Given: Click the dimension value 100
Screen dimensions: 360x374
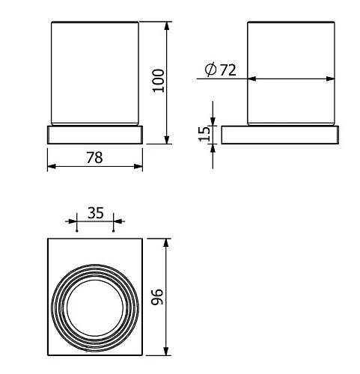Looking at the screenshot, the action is coord(158,81).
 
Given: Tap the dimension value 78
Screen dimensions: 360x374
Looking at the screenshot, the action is coord(94,158).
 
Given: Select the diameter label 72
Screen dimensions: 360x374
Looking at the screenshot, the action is coord(228,70).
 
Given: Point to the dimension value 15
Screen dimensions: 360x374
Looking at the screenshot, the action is coord(204,134).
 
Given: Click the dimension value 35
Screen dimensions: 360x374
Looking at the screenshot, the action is coord(96,213).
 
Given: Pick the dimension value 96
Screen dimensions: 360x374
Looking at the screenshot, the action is coord(157,297).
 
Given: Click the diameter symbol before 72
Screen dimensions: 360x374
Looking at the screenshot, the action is coord(210,70).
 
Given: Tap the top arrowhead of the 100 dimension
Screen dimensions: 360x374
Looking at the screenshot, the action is coord(167,26).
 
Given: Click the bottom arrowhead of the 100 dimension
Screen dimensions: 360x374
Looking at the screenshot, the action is coord(167,140).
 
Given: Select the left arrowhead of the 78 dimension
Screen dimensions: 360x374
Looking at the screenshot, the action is coord(52,167).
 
